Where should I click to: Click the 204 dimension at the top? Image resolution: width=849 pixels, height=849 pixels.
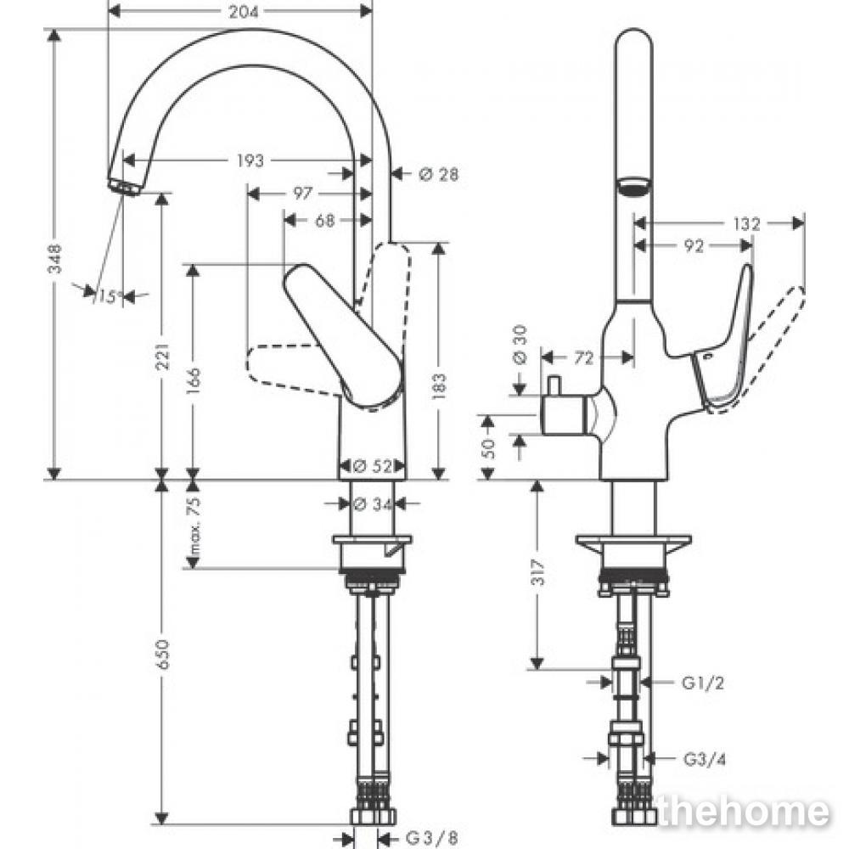(x=243, y=11)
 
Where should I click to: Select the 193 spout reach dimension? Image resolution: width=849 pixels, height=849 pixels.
(x=250, y=160)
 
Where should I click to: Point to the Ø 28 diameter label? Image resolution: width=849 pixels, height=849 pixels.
(x=439, y=174)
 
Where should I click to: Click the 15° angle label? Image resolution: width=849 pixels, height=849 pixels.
(x=109, y=296)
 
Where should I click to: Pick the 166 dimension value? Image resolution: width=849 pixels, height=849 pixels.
(x=194, y=381)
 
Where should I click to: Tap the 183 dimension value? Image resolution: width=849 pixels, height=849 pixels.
(x=440, y=386)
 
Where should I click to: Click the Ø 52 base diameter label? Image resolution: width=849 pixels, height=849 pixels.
(x=373, y=466)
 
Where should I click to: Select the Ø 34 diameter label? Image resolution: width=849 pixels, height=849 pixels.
(x=373, y=504)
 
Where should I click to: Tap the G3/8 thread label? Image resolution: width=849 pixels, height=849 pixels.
(x=431, y=839)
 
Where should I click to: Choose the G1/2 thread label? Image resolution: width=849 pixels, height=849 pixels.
(x=703, y=683)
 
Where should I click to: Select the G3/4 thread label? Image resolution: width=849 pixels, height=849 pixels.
(x=705, y=760)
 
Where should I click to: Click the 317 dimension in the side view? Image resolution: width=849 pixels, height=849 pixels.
(x=539, y=572)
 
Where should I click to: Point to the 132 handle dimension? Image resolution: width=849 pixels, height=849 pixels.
(x=747, y=223)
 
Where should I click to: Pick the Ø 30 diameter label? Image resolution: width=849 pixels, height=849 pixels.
(x=520, y=346)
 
